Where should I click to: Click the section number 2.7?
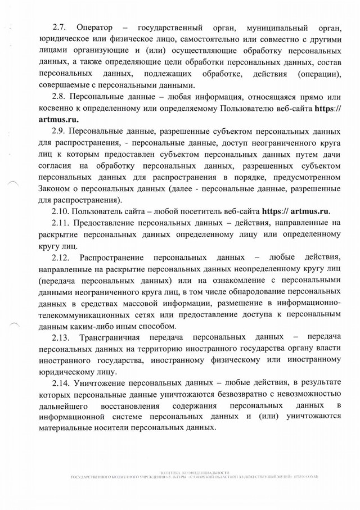(x=59, y=28)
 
